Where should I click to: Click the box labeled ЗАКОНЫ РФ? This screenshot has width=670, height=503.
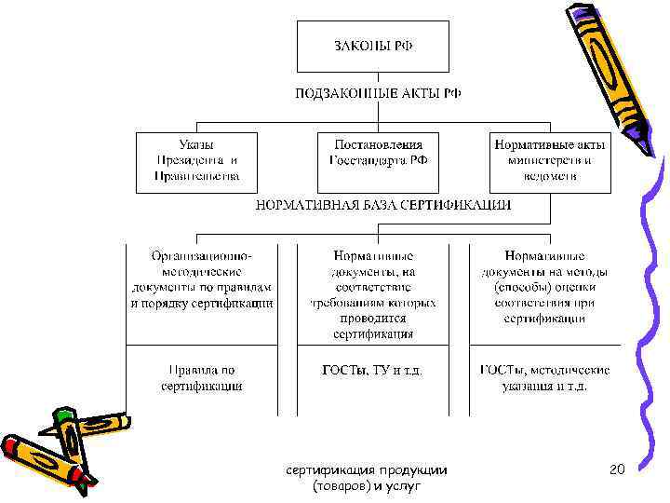pos(372,47)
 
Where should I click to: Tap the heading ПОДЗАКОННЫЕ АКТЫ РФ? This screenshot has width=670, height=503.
pos(378,93)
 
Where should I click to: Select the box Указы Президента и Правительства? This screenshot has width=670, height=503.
pos(197,160)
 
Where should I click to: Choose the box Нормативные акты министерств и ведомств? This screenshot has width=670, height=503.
pos(550,160)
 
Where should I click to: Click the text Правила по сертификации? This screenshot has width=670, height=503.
pos(201,377)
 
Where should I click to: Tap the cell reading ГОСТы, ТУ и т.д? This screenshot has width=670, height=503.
pos(372,370)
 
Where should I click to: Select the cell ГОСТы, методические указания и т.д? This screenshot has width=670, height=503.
pos(545,377)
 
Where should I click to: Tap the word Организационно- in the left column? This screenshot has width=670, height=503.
pos(201,255)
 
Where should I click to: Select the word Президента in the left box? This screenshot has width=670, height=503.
pos(189,160)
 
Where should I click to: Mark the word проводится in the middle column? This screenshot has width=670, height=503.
pos(372,318)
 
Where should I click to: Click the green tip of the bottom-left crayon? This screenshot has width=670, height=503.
pos(63,415)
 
